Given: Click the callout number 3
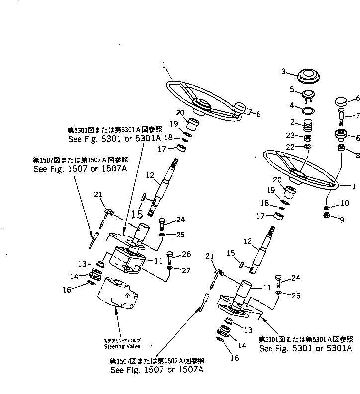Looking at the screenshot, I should coord(284,72).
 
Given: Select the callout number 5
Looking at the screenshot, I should coord(292,89).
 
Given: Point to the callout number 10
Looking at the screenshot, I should coord(343,204).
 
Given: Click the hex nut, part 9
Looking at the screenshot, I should coord(326,215).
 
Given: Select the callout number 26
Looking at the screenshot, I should coord(186,254).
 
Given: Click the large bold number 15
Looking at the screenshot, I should coord(137,214).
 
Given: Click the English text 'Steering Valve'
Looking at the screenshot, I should coord(122,346).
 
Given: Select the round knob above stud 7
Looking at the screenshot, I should coord(341,102).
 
